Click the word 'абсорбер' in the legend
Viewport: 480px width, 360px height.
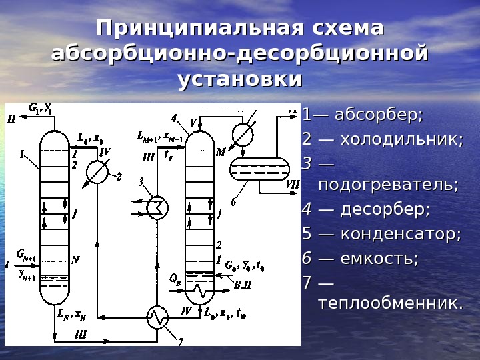[378, 115]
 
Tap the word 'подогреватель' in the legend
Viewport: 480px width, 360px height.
[388, 184]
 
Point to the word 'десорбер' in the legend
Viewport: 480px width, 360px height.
[385, 209]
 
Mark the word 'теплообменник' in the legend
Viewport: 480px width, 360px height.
[391, 304]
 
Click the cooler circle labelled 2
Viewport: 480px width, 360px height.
[98, 173]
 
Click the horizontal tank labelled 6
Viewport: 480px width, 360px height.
[260, 169]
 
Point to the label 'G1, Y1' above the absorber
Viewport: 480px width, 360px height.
[41, 107]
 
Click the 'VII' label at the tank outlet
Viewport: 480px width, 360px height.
[293, 185]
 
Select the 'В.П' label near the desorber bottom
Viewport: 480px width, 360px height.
[243, 284]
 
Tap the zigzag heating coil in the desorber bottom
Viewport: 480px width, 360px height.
[200, 291]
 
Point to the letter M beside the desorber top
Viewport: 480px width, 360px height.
[221, 153]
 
